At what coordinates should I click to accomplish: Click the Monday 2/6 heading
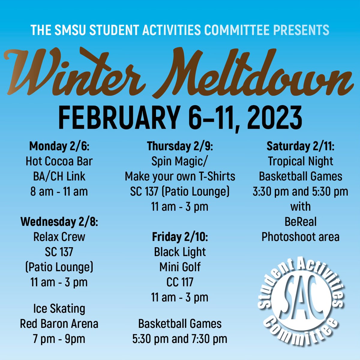[x=59, y=146]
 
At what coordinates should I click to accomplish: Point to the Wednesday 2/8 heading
[x=59, y=222]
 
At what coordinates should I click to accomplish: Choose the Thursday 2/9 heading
[x=180, y=146]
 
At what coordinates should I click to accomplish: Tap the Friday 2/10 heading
[x=180, y=237]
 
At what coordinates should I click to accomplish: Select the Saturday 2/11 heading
[x=300, y=146]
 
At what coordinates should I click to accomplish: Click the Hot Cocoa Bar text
[x=59, y=161]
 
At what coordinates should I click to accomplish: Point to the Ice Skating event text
[x=59, y=309]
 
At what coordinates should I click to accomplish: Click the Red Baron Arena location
[x=59, y=324]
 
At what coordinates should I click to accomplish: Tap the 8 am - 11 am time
[x=59, y=192]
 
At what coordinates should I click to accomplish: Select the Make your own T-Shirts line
[x=180, y=176]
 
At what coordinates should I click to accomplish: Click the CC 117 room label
[x=180, y=282]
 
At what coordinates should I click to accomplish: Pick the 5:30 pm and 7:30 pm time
[x=180, y=339]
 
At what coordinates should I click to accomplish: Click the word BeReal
[x=300, y=222]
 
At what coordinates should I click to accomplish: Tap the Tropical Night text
[x=300, y=161]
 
